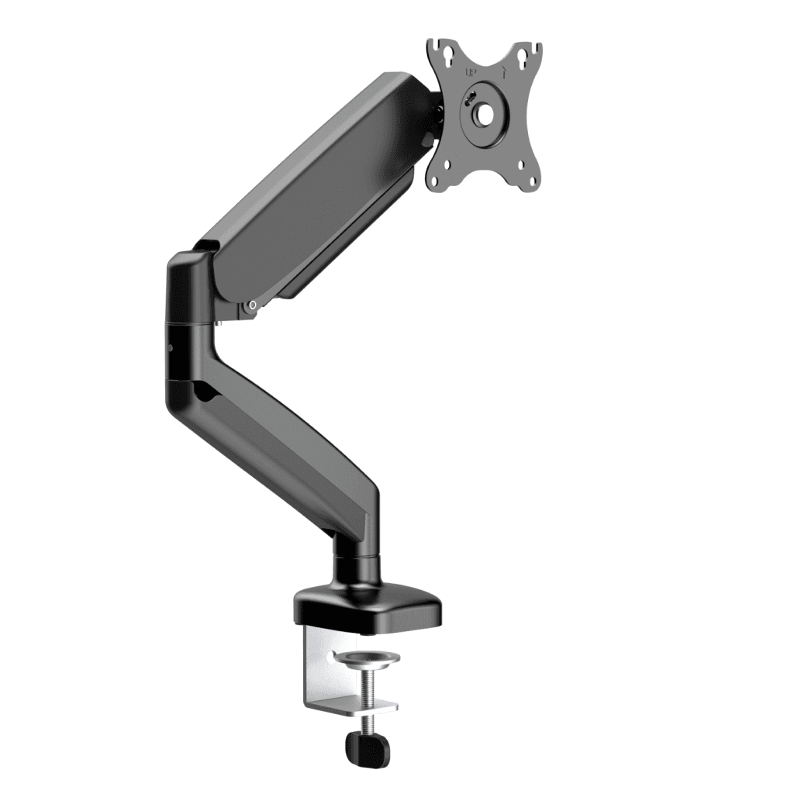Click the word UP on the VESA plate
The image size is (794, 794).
(471, 73)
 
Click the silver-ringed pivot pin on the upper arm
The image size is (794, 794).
(251, 307)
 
